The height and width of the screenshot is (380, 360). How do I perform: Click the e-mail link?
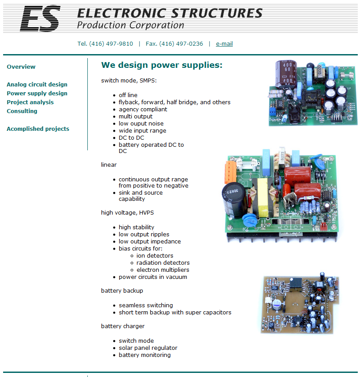[224, 43]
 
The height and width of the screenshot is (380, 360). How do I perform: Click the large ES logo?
[40, 19]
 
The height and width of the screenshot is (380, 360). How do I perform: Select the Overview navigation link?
[21, 67]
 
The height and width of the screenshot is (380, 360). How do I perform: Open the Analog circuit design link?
[37, 84]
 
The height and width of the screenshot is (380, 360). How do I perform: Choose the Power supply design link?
[37, 93]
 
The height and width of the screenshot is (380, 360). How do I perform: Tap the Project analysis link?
[30, 102]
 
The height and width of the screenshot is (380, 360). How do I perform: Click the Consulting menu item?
[22, 111]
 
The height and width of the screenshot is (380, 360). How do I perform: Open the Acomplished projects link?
[38, 129]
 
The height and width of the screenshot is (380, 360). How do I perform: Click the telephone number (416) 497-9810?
[111, 43]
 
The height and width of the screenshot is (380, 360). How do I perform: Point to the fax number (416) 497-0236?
[181, 43]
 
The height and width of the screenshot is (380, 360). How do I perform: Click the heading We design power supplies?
[162, 65]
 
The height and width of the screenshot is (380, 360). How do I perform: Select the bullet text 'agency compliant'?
[143, 109]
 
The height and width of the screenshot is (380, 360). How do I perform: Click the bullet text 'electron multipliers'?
[163, 270]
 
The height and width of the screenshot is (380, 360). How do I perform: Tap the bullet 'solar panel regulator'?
[148, 348]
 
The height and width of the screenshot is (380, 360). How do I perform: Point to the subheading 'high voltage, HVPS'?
[127, 212]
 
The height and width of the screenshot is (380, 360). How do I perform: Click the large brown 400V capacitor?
[286, 74]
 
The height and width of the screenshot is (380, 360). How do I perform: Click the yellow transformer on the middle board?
[262, 197]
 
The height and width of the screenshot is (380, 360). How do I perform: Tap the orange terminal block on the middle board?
[230, 172]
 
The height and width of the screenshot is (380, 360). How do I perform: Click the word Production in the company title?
[102, 25]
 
